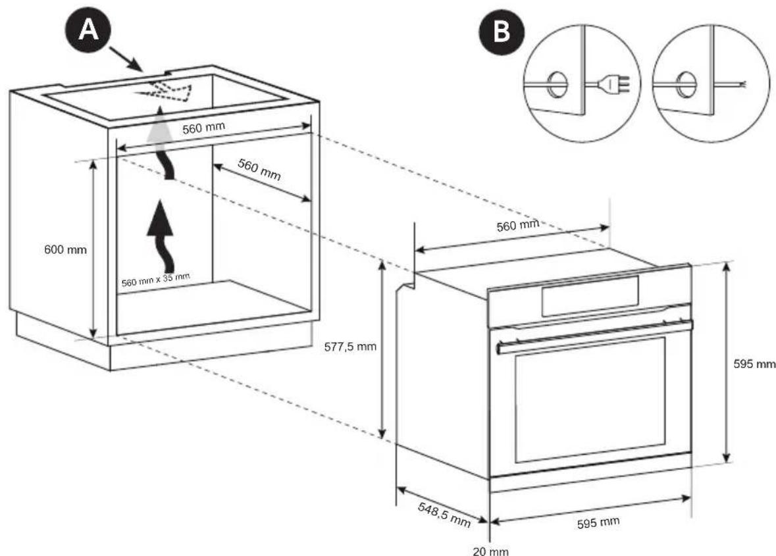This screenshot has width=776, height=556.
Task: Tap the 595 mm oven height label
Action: (x=754, y=364)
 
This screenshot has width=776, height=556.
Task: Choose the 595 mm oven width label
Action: (x=598, y=523)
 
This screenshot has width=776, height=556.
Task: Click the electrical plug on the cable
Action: (x=617, y=84)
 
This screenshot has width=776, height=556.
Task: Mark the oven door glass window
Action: (x=590, y=399)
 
